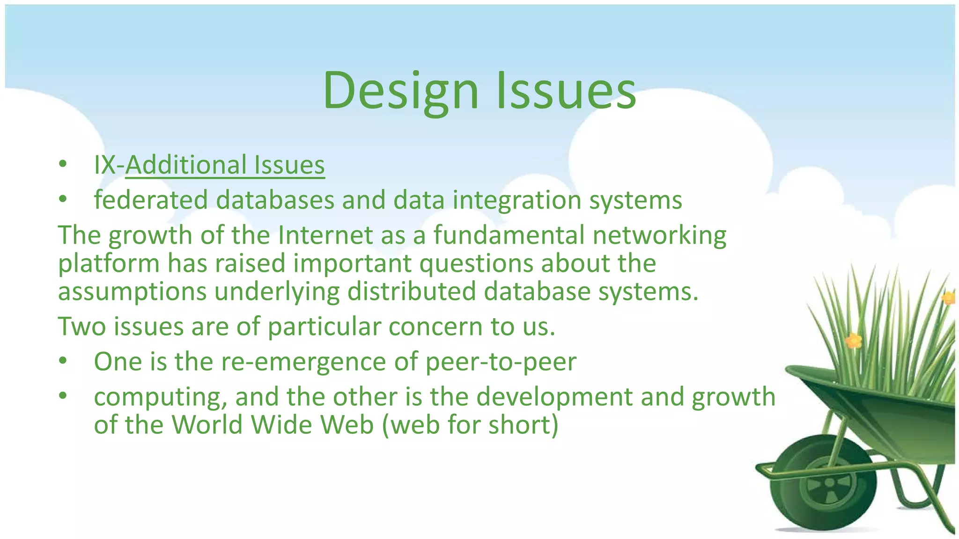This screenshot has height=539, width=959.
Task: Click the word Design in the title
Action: pyautogui.click(x=401, y=90)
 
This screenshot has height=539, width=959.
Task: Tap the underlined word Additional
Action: pyautogui.click(x=186, y=165)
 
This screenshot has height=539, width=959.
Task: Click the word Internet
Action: pyautogui.click(x=325, y=235)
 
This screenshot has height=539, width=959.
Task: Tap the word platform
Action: pyautogui.click(x=109, y=264)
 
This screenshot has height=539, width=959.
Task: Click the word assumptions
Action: pyautogui.click(x=132, y=292)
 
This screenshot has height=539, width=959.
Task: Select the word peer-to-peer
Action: pyautogui.click(x=501, y=362)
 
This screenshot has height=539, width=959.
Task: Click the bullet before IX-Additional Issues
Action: pyautogui.click(x=63, y=165)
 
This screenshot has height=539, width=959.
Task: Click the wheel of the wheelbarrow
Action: pyautogui.click(x=829, y=483)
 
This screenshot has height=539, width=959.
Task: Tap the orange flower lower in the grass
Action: pyautogui.click(x=854, y=340)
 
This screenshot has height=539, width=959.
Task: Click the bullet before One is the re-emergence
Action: pyautogui.click(x=63, y=362)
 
